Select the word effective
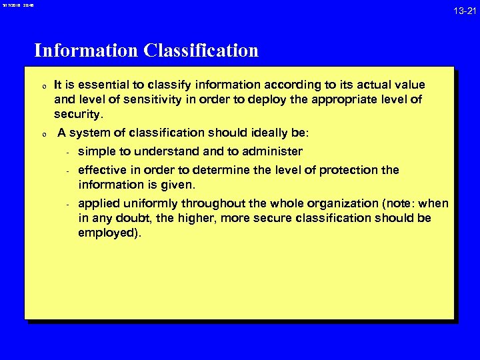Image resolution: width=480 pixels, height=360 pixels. tap(102, 170)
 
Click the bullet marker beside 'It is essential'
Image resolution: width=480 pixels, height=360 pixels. tap(43, 87)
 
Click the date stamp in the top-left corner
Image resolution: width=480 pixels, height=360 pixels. tap(17, 5)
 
